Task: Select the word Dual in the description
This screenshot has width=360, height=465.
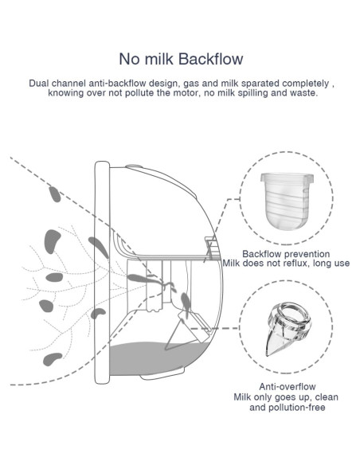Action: (40, 83)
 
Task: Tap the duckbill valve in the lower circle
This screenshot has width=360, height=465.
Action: (285, 328)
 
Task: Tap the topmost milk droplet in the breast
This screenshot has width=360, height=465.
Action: (54, 193)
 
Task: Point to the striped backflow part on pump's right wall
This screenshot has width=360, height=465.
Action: (213, 248)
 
